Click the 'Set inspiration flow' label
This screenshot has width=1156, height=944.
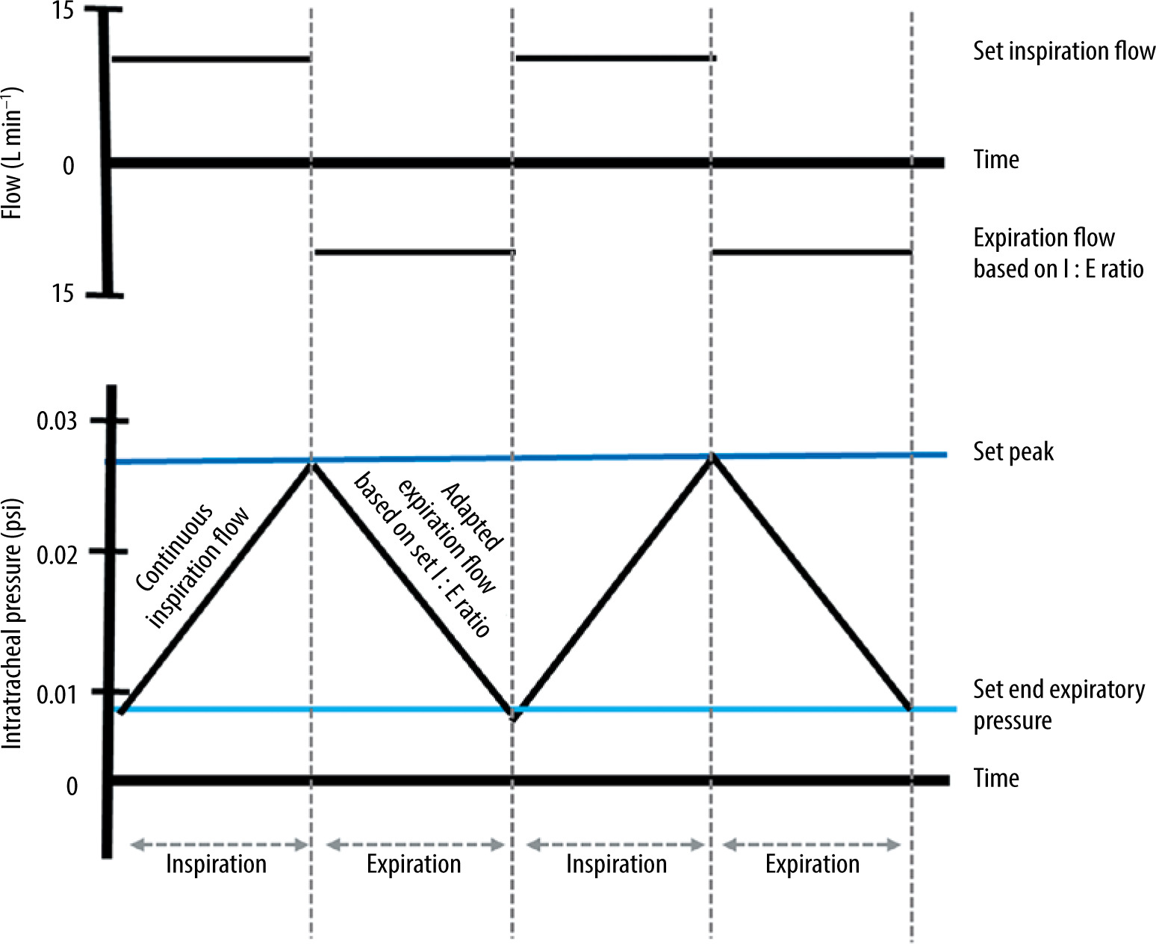[1063, 51]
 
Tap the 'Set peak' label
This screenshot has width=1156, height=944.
[1013, 451]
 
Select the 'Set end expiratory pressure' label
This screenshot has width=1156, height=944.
[1057, 704]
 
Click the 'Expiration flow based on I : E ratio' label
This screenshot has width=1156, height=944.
[1057, 253]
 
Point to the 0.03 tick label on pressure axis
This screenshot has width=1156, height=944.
[57, 421]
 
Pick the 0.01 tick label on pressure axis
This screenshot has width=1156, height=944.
[57, 694]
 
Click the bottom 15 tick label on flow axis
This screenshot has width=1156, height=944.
[63, 294]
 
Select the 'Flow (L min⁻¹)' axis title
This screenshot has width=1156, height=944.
[12, 153]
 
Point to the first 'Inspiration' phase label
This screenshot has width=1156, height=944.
[216, 864]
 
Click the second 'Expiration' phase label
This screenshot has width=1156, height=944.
[812, 864]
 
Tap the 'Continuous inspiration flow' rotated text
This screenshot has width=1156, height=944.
[193, 565]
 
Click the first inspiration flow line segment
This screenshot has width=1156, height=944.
[211, 58]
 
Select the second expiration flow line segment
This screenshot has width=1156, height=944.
[812, 252]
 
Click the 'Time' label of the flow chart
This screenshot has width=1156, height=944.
[996, 159]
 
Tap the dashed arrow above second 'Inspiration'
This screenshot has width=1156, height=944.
[615, 845]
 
